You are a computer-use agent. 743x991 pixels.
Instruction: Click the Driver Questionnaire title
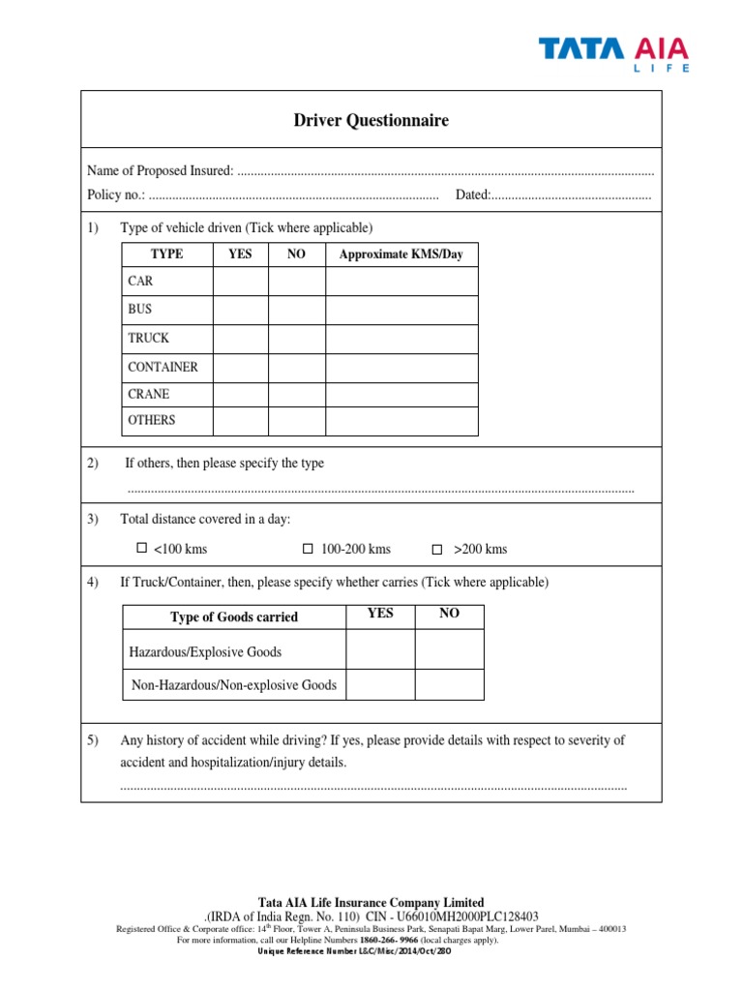coord(371,121)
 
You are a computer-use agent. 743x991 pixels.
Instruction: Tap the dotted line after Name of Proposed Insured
coord(445,171)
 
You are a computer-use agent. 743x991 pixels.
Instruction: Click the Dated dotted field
coord(571,195)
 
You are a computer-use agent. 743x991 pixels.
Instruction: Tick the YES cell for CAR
coord(240,282)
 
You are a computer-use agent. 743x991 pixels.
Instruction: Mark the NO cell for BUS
coord(296,310)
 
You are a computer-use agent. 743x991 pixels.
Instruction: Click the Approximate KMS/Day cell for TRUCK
coord(401,339)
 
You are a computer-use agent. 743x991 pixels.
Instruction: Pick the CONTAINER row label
coord(163,367)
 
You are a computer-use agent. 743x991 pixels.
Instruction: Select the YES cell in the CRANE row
coord(240,395)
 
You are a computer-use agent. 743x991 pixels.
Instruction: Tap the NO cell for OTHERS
coord(296,421)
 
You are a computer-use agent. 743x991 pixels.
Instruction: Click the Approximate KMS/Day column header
coord(401,255)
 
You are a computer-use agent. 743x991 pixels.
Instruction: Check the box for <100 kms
coord(142,548)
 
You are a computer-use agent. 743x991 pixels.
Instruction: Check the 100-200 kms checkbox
coord(309,549)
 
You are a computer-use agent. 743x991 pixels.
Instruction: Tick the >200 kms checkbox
coord(436,549)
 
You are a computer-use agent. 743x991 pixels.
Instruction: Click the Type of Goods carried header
coord(234,617)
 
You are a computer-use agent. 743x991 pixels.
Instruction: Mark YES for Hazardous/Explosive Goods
coord(380,651)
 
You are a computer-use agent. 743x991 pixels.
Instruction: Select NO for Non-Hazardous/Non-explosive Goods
coord(449,684)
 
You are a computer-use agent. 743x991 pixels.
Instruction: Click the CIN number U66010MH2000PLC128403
coord(465,916)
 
